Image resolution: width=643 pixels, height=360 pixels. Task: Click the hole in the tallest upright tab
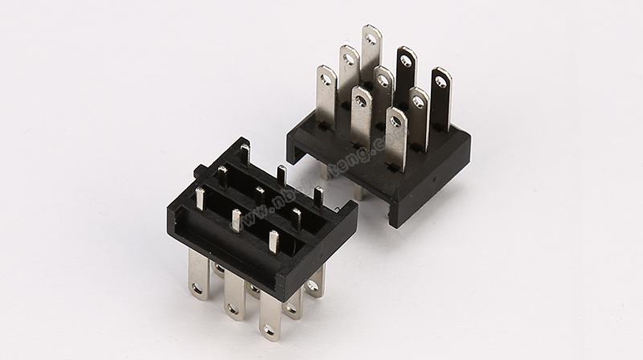(371, 36)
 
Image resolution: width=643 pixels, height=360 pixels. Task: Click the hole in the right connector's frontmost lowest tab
(395, 122)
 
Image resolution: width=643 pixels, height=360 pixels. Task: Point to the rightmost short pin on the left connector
(318, 196)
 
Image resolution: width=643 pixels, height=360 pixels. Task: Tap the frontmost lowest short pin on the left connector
(273, 242)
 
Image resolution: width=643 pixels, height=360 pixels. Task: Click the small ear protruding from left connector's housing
(200, 170)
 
